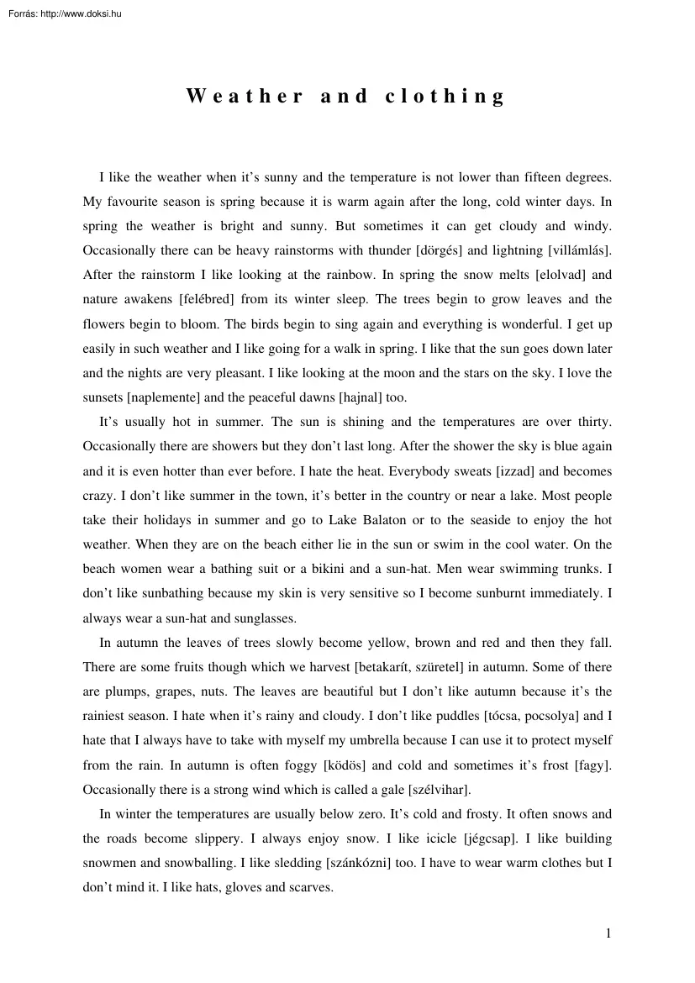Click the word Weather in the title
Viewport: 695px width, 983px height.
pos(245,96)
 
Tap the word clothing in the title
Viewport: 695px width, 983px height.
pos(445,96)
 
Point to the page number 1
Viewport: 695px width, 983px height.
pos(608,933)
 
